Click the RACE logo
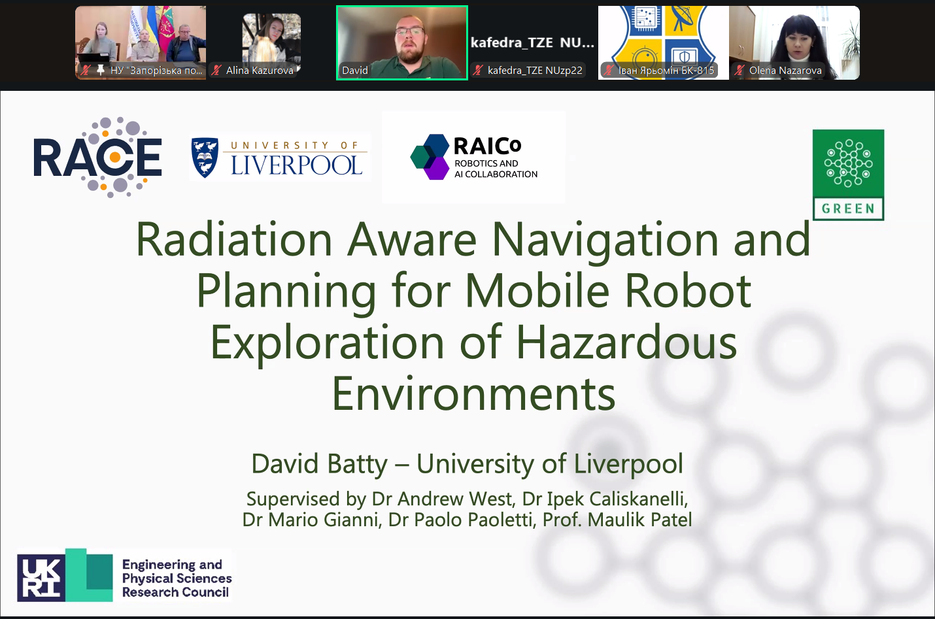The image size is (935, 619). (x=97, y=158)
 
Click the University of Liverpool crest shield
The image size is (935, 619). (x=205, y=158)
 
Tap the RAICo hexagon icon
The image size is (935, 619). (x=430, y=157)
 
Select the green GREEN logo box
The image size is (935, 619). (x=848, y=175)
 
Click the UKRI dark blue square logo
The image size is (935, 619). (x=41, y=578)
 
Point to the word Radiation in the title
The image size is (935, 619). (x=234, y=240)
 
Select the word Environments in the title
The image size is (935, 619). (x=473, y=393)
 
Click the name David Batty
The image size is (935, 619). (x=319, y=463)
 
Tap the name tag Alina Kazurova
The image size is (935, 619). (x=260, y=71)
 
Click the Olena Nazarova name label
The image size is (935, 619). (x=785, y=71)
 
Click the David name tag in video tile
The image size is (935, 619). (x=355, y=71)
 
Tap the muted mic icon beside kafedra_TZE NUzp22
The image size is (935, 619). (x=478, y=71)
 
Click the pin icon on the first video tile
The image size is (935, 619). (x=100, y=70)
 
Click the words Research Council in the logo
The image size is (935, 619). (x=175, y=592)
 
